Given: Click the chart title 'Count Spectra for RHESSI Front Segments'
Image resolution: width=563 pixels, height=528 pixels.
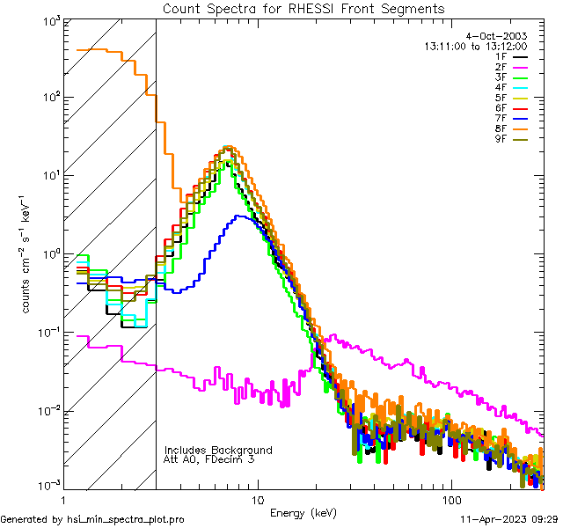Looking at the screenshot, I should [303, 8].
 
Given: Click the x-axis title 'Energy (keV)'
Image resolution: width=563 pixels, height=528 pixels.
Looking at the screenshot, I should [303, 512].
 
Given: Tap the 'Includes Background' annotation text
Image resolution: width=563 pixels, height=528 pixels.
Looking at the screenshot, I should [217, 450].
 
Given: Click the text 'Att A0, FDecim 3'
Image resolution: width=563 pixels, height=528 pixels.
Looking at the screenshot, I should [209, 459].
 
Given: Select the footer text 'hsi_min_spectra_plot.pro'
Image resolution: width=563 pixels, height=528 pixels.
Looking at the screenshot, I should [126, 520].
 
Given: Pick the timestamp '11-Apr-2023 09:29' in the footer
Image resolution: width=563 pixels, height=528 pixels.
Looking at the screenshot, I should [509, 520].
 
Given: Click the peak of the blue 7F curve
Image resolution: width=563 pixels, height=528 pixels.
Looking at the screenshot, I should [239, 216].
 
